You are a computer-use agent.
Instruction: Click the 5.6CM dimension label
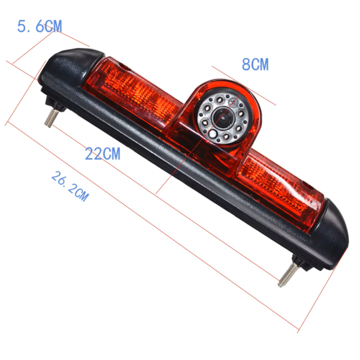(x=39, y=26)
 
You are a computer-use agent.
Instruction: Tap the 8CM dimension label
(x=255, y=64)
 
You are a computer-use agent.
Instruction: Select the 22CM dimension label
(x=103, y=154)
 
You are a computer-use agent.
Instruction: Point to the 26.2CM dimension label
(x=70, y=186)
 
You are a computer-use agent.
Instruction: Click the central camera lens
(x=222, y=118)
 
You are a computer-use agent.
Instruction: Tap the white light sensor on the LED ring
(x=213, y=133)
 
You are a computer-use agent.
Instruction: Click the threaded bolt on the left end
(x=51, y=118)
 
